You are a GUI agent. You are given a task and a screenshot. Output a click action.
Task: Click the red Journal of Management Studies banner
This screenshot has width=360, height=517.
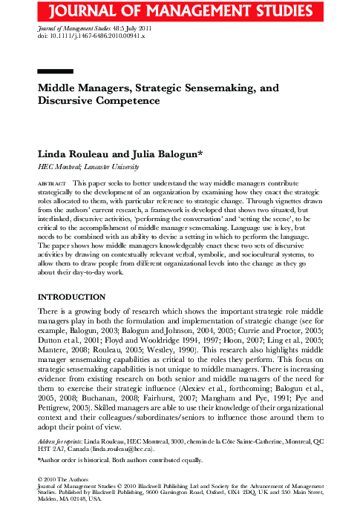pyautogui.click(x=180, y=10)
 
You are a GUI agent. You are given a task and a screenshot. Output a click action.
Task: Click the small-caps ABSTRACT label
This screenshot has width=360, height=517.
pyautogui.click(x=51, y=182)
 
